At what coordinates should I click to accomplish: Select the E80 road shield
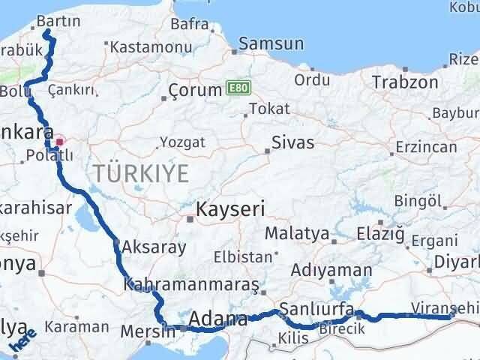(235, 89)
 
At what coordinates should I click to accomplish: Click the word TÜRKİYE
(141, 173)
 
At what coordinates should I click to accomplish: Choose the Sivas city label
(293, 142)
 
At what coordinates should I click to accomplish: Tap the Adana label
(218, 319)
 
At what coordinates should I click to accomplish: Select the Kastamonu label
(146, 46)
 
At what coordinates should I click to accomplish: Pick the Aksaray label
(148, 246)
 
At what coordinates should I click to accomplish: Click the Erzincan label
(425, 147)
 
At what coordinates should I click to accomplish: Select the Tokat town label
(268, 109)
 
